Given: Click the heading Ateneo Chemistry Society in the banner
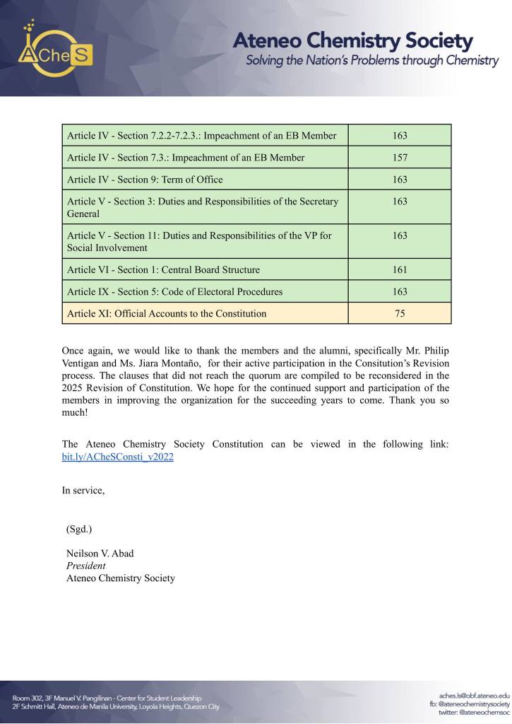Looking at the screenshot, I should (353, 40).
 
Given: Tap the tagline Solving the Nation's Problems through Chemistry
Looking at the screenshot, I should (372, 61).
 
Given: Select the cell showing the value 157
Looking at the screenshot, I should (400, 158).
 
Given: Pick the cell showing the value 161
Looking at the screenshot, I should (400, 269).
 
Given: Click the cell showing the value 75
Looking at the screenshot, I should (400, 313).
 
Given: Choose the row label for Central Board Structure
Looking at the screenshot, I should (163, 269).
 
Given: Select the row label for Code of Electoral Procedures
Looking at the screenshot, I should (174, 291).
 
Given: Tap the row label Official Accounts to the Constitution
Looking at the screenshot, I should (167, 313).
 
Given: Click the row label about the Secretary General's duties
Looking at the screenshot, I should (202, 207).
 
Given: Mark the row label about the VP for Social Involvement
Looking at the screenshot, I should (198, 242).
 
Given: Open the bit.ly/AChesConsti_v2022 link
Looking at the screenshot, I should (118, 457).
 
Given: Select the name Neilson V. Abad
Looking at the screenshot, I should (100, 553).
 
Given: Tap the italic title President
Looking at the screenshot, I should (86, 566).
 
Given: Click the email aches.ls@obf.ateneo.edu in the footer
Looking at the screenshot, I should (474, 696).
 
